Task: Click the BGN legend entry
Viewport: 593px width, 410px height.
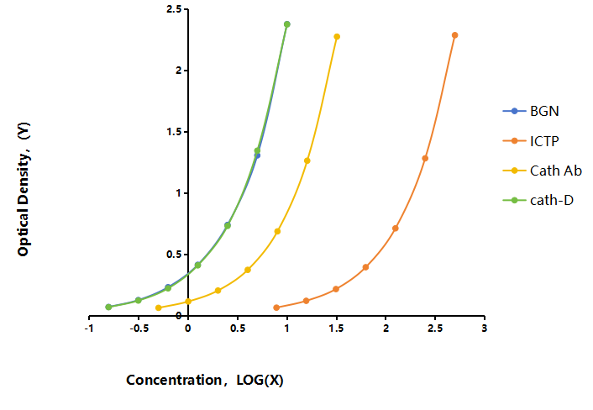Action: [531, 111]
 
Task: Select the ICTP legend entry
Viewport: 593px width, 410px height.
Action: [531, 141]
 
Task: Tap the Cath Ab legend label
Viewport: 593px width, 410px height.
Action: [556, 171]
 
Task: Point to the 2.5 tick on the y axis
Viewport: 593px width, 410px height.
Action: [174, 8]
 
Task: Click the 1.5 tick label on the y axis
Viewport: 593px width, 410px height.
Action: [174, 132]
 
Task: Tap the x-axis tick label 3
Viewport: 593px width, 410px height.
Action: [485, 329]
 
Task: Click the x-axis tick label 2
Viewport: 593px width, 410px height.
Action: [386, 329]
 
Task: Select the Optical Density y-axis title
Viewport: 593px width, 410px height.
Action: [24, 189]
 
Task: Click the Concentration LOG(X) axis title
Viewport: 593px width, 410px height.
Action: [205, 380]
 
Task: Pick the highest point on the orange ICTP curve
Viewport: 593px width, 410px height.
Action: [455, 35]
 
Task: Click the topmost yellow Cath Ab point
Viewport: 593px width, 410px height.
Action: [337, 37]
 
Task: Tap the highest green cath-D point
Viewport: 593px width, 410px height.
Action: [287, 24]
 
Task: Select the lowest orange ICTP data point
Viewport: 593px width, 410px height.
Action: [276, 307]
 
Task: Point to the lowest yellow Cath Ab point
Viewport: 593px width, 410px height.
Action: [159, 307]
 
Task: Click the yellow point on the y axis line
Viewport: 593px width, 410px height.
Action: [188, 302]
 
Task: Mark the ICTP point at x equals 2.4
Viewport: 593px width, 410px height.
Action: [425, 159]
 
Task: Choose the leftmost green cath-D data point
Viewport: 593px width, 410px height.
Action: [108, 307]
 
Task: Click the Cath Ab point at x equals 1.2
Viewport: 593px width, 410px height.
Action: [307, 160]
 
